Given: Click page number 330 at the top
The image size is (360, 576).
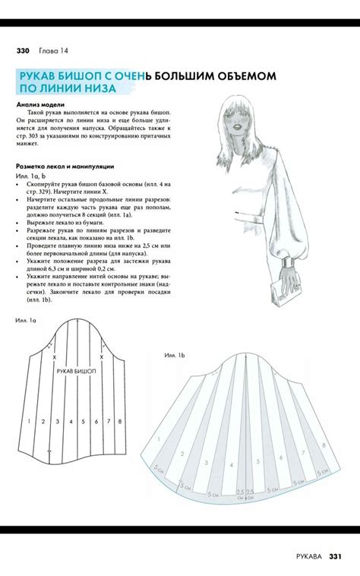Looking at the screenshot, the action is (22, 51).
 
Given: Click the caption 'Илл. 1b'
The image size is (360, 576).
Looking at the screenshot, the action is (175, 355).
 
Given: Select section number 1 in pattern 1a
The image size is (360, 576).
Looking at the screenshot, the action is (28, 420).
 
